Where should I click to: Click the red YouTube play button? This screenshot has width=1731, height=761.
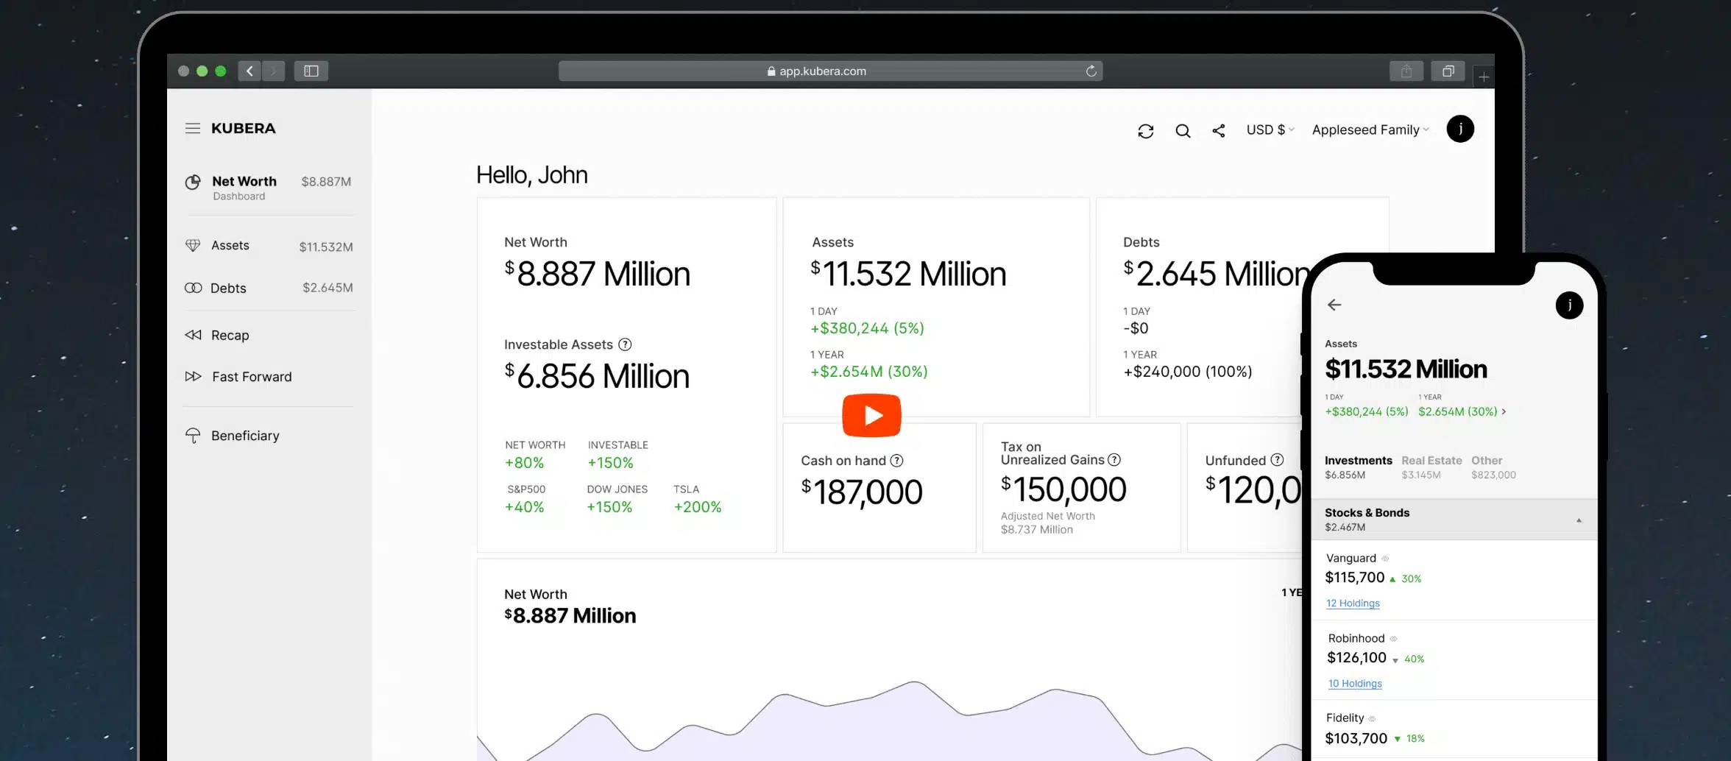pyautogui.click(x=871, y=416)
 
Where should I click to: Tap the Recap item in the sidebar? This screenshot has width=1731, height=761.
pyautogui.click(x=229, y=336)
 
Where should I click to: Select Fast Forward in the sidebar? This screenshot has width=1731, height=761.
pyautogui.click(x=251, y=377)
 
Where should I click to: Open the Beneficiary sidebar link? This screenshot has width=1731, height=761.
pyautogui.click(x=244, y=436)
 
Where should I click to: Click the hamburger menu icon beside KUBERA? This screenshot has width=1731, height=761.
pyautogui.click(x=193, y=128)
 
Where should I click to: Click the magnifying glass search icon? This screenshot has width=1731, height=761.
pyautogui.click(x=1183, y=131)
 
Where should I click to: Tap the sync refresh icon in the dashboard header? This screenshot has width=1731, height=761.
pyautogui.click(x=1145, y=131)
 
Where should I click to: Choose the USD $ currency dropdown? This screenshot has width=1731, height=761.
pyautogui.click(x=1270, y=130)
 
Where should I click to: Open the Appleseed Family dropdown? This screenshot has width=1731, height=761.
pyautogui.click(x=1370, y=130)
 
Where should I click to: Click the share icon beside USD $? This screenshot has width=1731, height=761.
pyautogui.click(x=1219, y=130)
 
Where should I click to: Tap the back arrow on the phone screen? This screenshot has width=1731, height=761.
pyautogui.click(x=1334, y=305)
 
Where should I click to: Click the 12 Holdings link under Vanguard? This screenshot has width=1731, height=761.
pyautogui.click(x=1353, y=604)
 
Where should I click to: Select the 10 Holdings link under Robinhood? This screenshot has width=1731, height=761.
pyautogui.click(x=1355, y=684)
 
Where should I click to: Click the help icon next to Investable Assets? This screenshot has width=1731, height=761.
pyautogui.click(x=625, y=344)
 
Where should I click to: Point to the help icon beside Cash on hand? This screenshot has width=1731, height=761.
pyautogui.click(x=896, y=461)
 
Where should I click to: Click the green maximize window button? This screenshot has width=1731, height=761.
pyautogui.click(x=221, y=71)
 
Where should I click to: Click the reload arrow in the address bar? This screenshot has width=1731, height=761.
pyautogui.click(x=1091, y=71)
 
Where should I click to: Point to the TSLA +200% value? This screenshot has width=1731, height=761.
pyautogui.click(x=697, y=507)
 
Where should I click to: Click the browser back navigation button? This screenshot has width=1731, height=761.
pyautogui.click(x=249, y=71)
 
